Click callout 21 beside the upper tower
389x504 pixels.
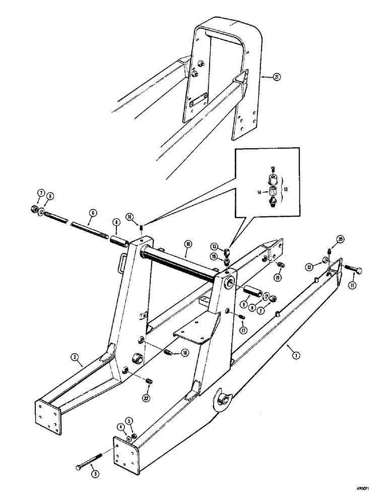pyautogui.click(x=276, y=77)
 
